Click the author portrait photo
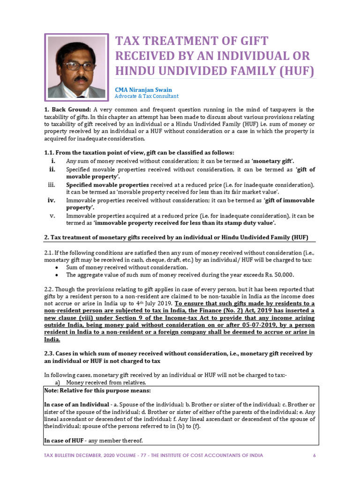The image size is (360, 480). (77, 67)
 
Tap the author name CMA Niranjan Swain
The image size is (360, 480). (143, 90)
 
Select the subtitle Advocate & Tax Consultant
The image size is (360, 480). (147, 96)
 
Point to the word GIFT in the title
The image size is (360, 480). (250, 41)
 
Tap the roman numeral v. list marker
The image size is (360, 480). (53, 216)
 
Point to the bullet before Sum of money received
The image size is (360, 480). (57, 267)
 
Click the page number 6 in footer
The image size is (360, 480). (314, 455)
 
